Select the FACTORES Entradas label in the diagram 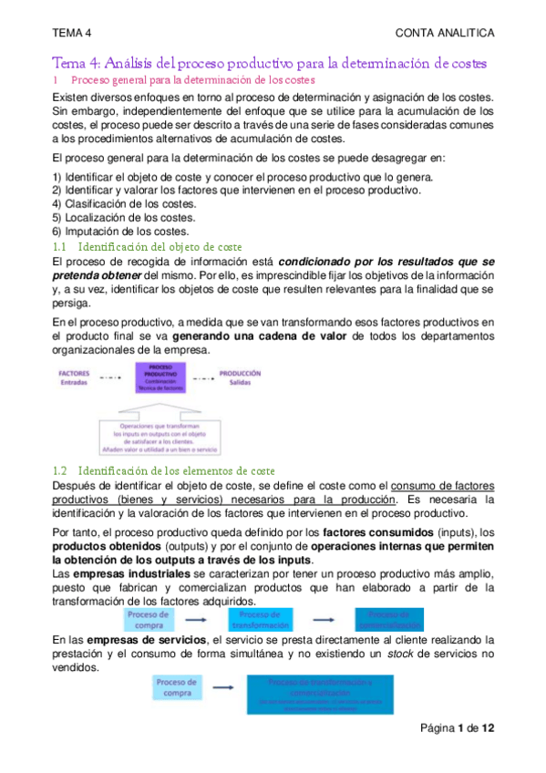tap(74, 377)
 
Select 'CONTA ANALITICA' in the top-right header tap(446, 34)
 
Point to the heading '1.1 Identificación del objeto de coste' tap(147, 247)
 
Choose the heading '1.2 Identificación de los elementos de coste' tap(164, 470)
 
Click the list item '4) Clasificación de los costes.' tap(118, 204)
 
